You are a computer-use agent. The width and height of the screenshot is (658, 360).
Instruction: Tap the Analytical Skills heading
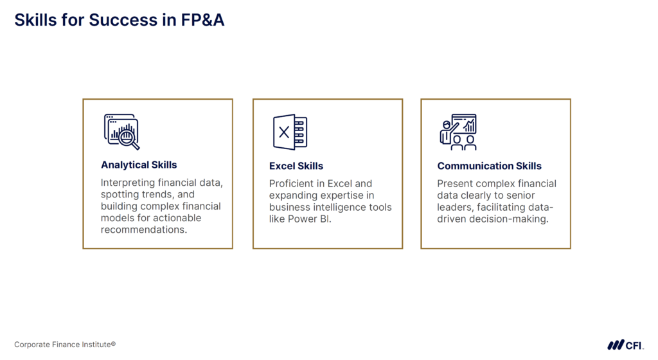coord(139,165)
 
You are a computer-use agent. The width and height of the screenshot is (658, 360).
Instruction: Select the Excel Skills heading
coord(296,166)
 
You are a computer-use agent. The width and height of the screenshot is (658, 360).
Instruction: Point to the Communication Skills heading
coord(490,166)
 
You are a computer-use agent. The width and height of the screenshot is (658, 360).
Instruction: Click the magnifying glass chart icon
coord(121,132)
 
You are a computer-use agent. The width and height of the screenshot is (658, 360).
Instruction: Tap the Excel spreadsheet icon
coord(290,132)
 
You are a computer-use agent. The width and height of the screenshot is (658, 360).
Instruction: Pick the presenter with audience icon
coord(458,132)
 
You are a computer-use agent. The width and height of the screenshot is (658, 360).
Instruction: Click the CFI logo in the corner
coord(625,345)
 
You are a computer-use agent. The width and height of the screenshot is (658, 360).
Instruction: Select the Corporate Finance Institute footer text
coord(65,345)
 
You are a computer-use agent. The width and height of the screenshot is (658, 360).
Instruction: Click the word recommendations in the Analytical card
coord(144,230)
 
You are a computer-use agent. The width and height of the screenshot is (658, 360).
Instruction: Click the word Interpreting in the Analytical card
coord(128,183)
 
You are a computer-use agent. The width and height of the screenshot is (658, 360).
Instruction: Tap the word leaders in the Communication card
coord(454,207)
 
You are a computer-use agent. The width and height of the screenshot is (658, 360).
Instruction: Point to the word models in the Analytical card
coord(114,218)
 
